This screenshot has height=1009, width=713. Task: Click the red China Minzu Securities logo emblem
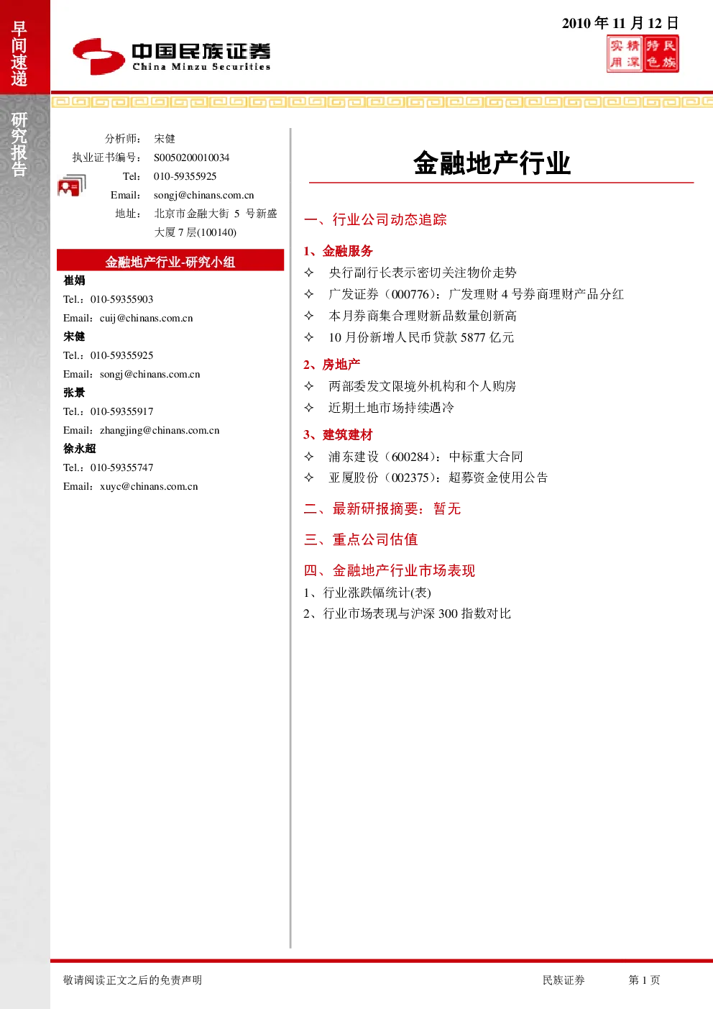(x=98, y=56)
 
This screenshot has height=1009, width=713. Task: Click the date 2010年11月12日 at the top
(x=620, y=23)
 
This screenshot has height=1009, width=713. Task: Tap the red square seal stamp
(x=643, y=54)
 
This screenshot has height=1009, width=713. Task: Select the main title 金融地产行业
(x=492, y=163)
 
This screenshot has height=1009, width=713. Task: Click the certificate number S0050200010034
(x=191, y=157)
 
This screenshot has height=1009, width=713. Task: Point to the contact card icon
(x=72, y=185)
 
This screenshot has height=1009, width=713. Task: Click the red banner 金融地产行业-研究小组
(x=170, y=261)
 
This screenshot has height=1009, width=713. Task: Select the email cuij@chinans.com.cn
(x=147, y=318)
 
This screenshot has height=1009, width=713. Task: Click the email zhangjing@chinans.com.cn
(x=160, y=430)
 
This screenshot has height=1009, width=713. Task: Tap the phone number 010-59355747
(x=121, y=467)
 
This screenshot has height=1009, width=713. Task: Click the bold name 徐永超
(x=80, y=449)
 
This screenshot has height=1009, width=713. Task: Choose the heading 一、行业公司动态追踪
(x=375, y=219)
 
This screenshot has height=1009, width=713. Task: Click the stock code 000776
(x=410, y=295)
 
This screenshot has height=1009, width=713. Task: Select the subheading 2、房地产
(x=332, y=365)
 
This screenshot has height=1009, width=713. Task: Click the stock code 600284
(x=410, y=457)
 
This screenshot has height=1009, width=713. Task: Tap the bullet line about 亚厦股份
(x=425, y=478)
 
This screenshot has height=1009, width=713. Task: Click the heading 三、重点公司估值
(x=361, y=539)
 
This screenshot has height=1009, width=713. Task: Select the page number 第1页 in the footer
(x=644, y=980)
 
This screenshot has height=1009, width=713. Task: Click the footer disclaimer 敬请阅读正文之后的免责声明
(x=132, y=980)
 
